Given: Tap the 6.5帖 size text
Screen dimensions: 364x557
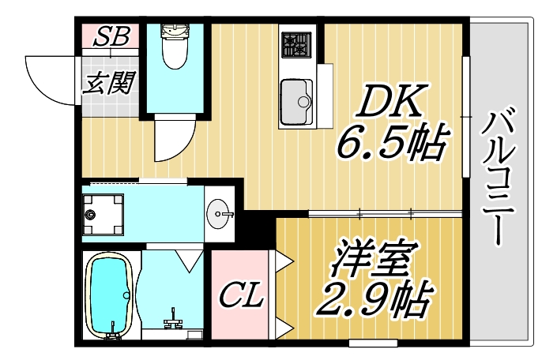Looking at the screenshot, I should [x=389, y=142].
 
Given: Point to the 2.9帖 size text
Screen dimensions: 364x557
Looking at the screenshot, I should [x=371, y=298].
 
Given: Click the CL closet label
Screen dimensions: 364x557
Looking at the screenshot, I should [x=241, y=298].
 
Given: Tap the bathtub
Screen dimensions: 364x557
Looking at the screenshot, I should [x=110, y=295].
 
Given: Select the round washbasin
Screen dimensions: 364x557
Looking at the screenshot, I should [x=220, y=212].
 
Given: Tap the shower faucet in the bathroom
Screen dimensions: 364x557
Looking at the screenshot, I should [x=175, y=321].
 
